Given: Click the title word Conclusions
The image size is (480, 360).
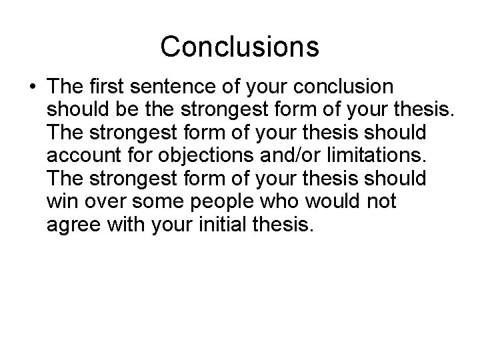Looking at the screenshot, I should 240,46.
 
